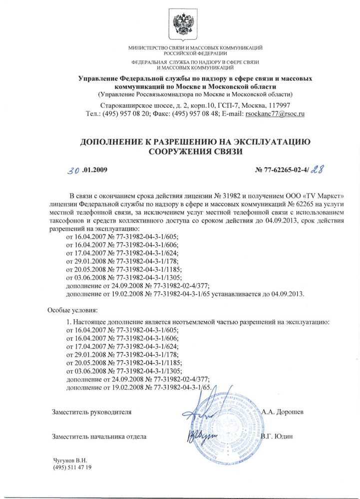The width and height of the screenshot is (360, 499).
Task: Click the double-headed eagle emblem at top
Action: coord(180,23)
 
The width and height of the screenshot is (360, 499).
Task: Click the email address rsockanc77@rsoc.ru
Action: coord(274,114)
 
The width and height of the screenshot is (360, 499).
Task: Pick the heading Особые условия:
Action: coord(73,309)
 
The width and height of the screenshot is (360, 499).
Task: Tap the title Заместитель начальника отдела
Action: coord(99,437)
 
